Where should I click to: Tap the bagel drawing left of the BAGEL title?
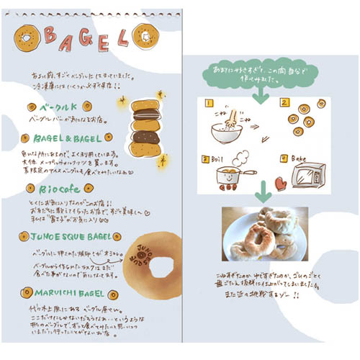pos(27,35)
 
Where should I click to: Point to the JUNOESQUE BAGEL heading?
pos(72,236)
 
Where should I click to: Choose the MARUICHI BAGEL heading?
pos(69,294)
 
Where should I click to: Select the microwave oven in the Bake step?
pos(306,176)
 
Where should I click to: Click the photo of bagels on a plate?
pos(264,233)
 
